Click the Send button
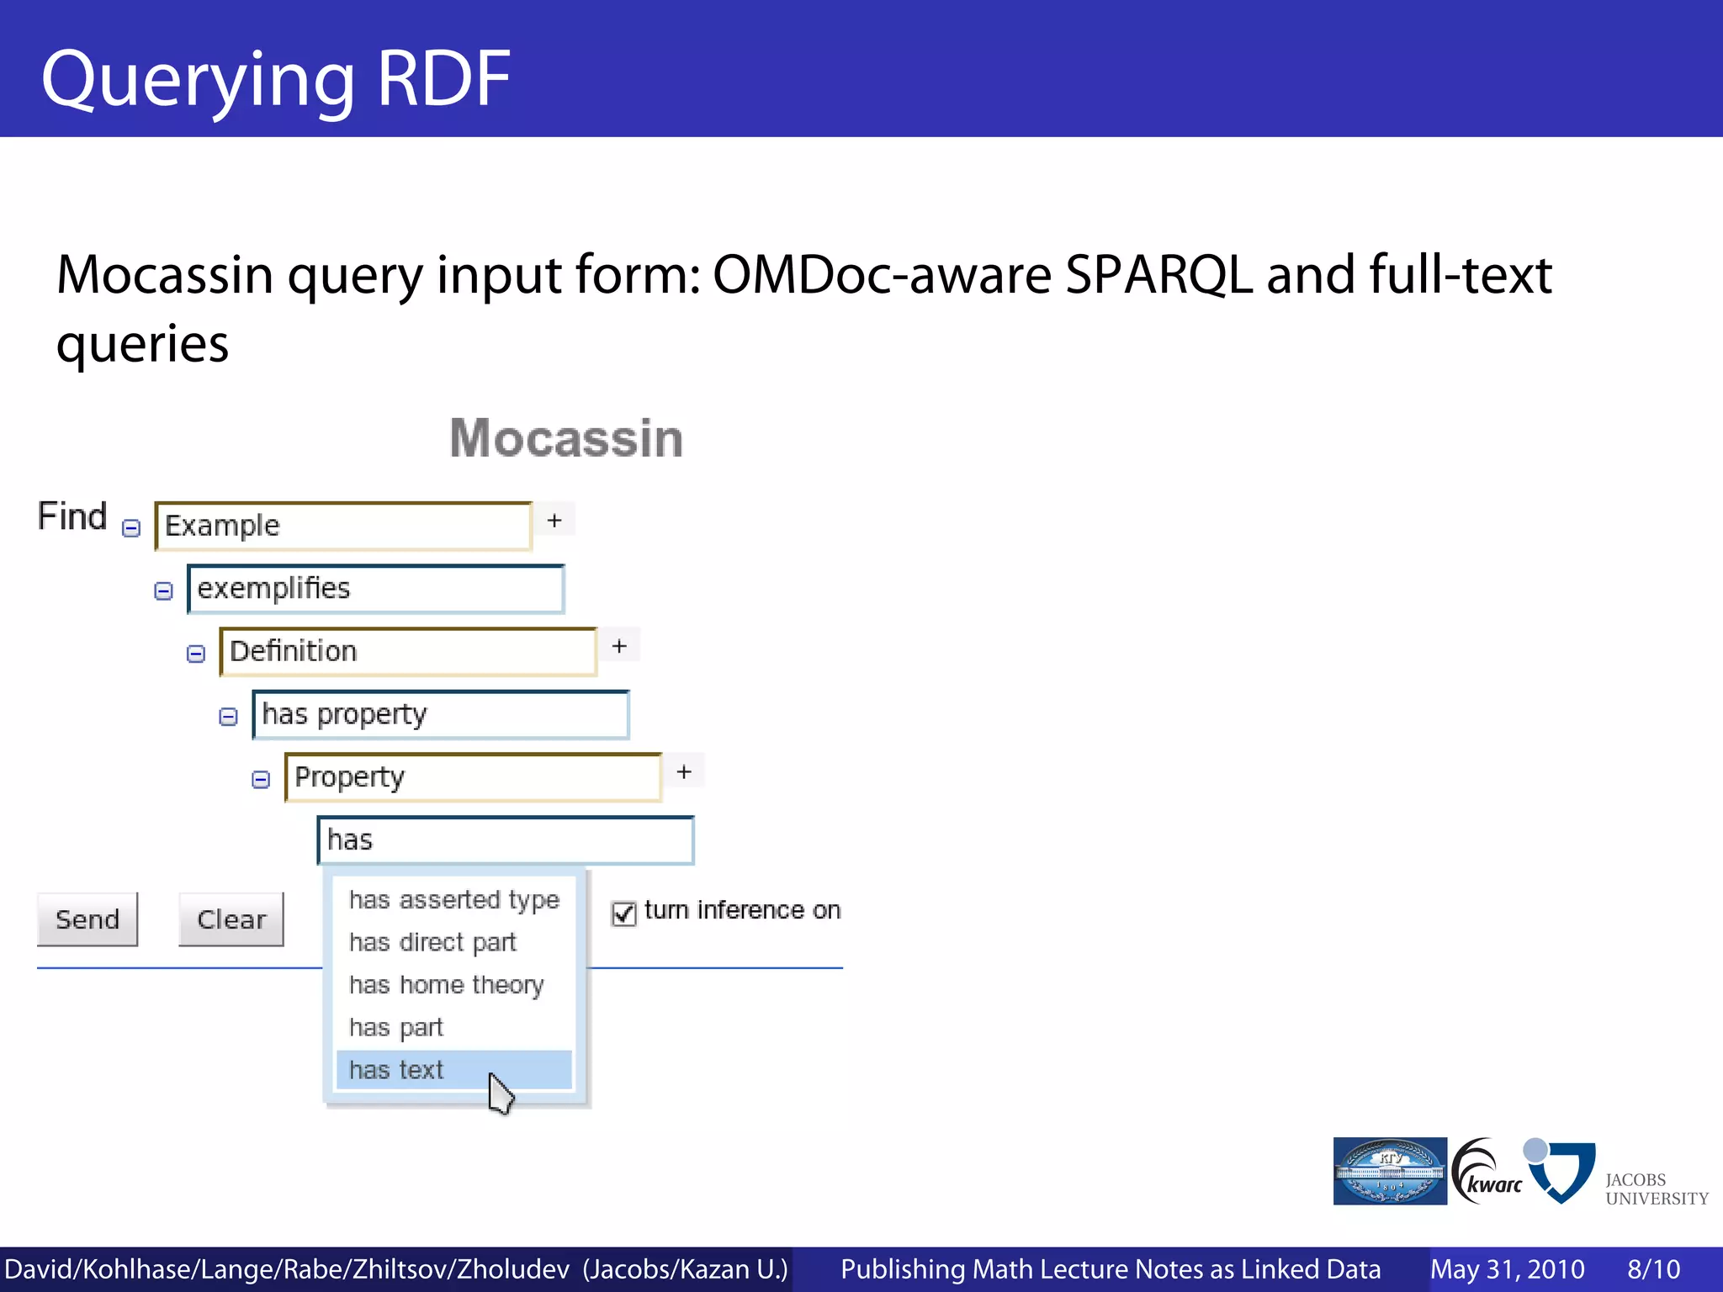(x=87, y=919)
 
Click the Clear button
(x=231, y=919)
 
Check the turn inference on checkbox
(x=623, y=913)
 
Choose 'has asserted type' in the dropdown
(x=453, y=900)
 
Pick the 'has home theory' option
(x=447, y=985)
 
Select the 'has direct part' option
(x=432, y=942)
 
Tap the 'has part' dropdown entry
(x=396, y=1027)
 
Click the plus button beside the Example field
(x=554, y=520)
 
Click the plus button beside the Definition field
(x=619, y=646)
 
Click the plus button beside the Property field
(x=684, y=771)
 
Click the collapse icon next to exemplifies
(x=163, y=590)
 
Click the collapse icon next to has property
(x=228, y=717)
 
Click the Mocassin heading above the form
(x=566, y=438)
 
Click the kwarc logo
(x=1487, y=1172)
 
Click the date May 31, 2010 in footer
(x=1507, y=1268)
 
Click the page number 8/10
(x=1653, y=1268)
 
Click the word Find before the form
(x=72, y=516)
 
